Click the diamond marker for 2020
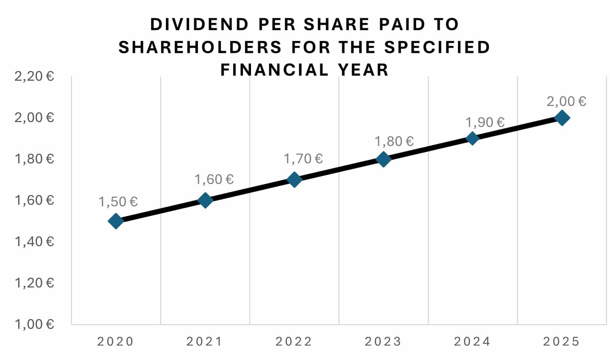point(116,221)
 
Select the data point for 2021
point(205,200)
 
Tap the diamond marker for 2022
point(294,180)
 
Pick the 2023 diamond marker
point(383,159)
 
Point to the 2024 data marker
point(472,138)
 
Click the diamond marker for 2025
point(562,118)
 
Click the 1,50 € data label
point(118,202)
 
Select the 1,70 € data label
point(303,159)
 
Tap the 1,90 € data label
point(485,122)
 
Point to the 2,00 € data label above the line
point(566,101)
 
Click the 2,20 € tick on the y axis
point(34,77)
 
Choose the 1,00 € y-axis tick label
point(34,324)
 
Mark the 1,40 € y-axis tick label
point(34,242)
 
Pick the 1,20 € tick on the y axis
point(34,283)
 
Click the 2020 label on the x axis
point(115,342)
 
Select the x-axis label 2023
point(383,342)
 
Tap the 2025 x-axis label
point(561,342)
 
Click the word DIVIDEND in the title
point(199,24)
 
